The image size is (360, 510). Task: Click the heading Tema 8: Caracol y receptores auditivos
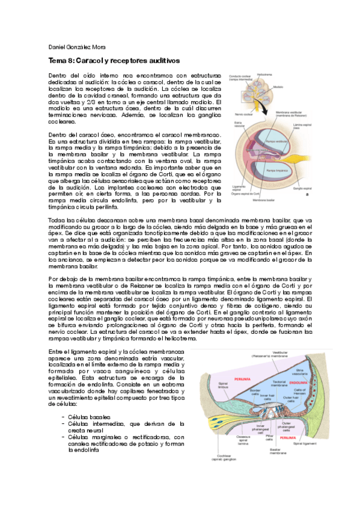click(114, 61)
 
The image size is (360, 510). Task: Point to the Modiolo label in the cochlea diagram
click(278, 87)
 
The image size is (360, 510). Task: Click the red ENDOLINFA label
click(299, 382)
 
